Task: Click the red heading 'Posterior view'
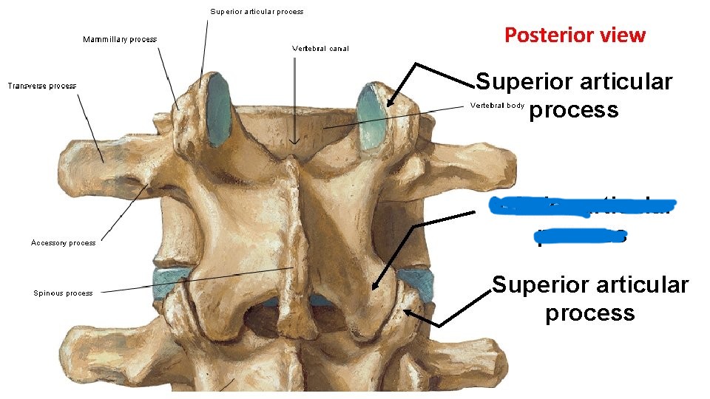coord(575,35)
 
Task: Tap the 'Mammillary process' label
coord(119,39)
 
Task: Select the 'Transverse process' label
coord(41,86)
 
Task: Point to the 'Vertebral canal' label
coord(320,49)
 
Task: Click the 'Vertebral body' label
coord(497,106)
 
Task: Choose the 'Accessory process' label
coord(63,242)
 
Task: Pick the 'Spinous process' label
coord(63,293)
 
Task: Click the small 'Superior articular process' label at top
coord(257,12)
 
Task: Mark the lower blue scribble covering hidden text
coord(581,236)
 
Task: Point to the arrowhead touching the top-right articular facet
coord(390,103)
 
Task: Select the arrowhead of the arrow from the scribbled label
coord(374,287)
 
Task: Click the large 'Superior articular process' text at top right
coord(574,95)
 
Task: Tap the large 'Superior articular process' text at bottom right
coord(590,299)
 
